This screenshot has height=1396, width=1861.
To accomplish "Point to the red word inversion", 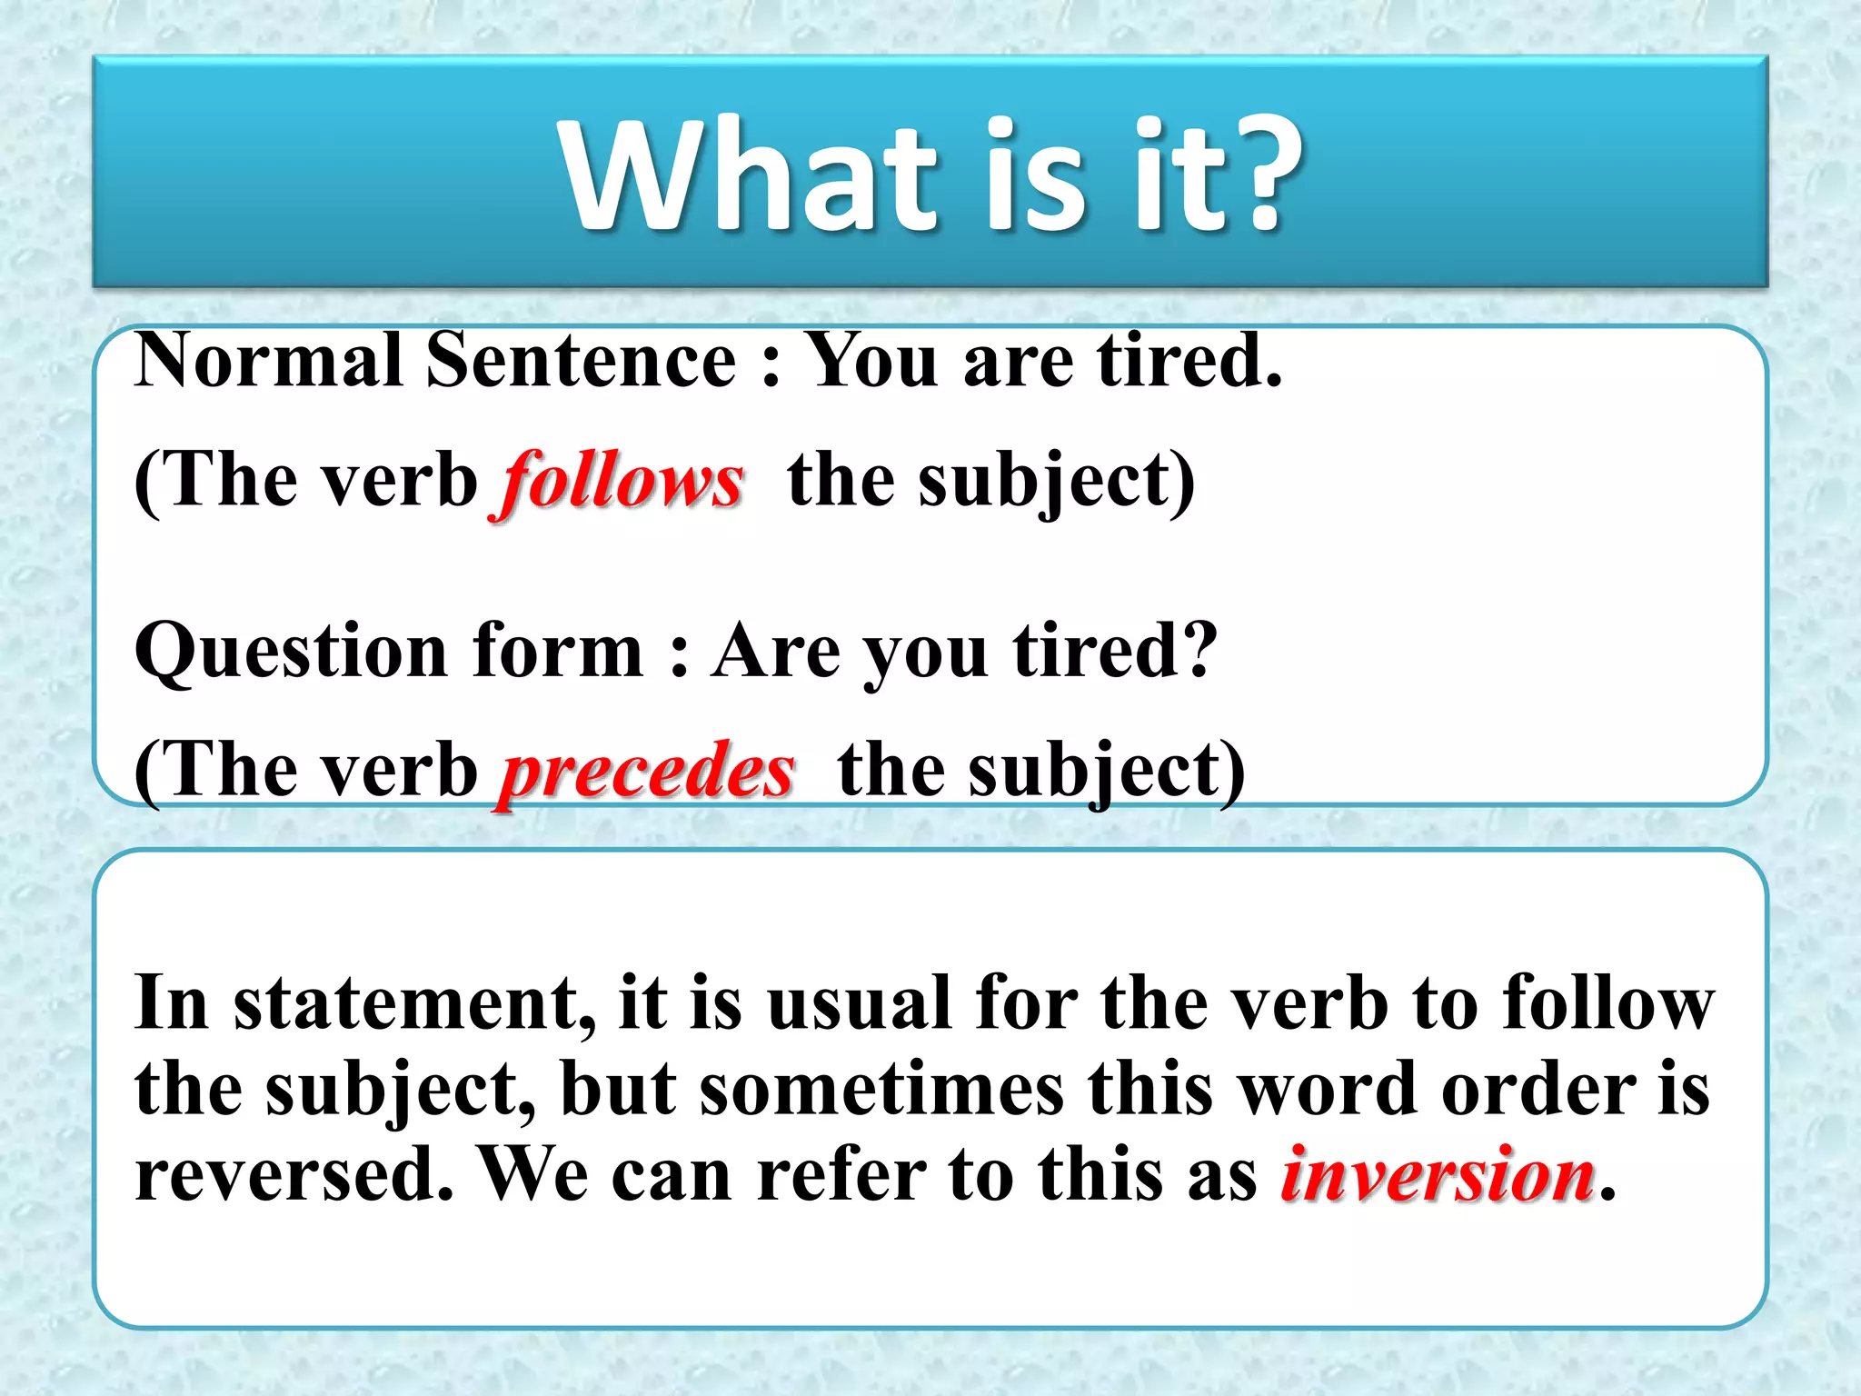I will click(x=1438, y=1174).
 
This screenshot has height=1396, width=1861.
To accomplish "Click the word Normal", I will click(x=269, y=361).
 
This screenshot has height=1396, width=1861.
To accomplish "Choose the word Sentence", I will click(x=581, y=361).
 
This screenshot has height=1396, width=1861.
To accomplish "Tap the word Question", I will click(x=291, y=653).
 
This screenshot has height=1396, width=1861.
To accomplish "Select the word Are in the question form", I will click(x=777, y=653).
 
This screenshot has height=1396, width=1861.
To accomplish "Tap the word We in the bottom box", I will click(x=535, y=1174).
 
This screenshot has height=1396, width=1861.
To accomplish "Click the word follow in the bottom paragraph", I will click(x=1607, y=1003).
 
